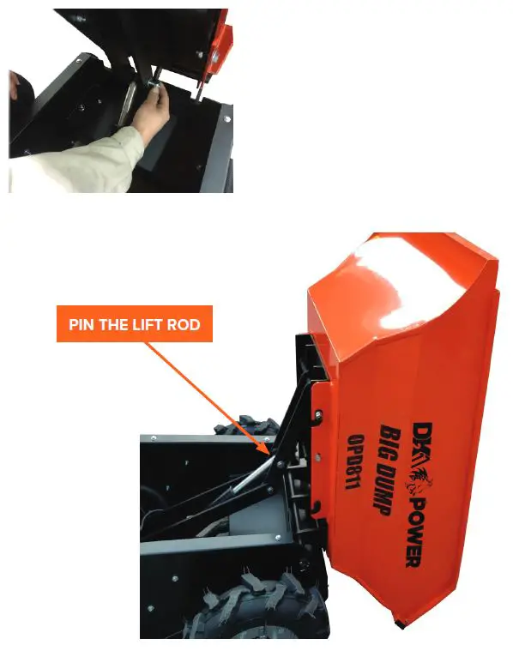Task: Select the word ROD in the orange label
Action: pyautogui.click(x=185, y=325)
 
